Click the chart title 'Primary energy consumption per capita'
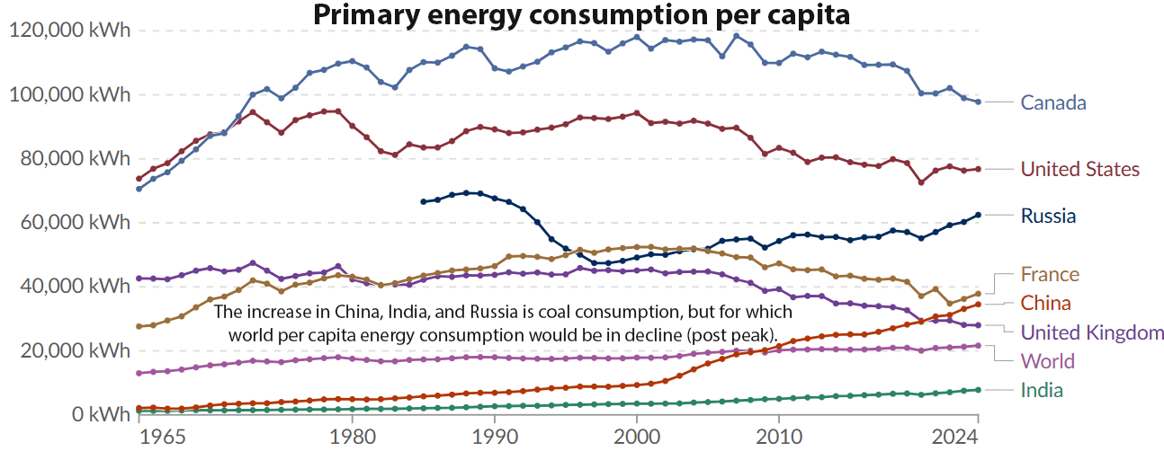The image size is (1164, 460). click(x=581, y=15)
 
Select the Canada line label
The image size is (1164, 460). click(x=1053, y=102)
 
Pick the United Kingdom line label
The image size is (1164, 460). click(x=1092, y=332)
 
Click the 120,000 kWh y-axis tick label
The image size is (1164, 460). click(x=69, y=31)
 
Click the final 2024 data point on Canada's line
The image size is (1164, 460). click(x=978, y=102)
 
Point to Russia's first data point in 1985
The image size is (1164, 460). click(x=423, y=201)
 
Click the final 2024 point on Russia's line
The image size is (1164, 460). click(x=978, y=215)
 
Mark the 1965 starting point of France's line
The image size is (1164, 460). click(x=139, y=326)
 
